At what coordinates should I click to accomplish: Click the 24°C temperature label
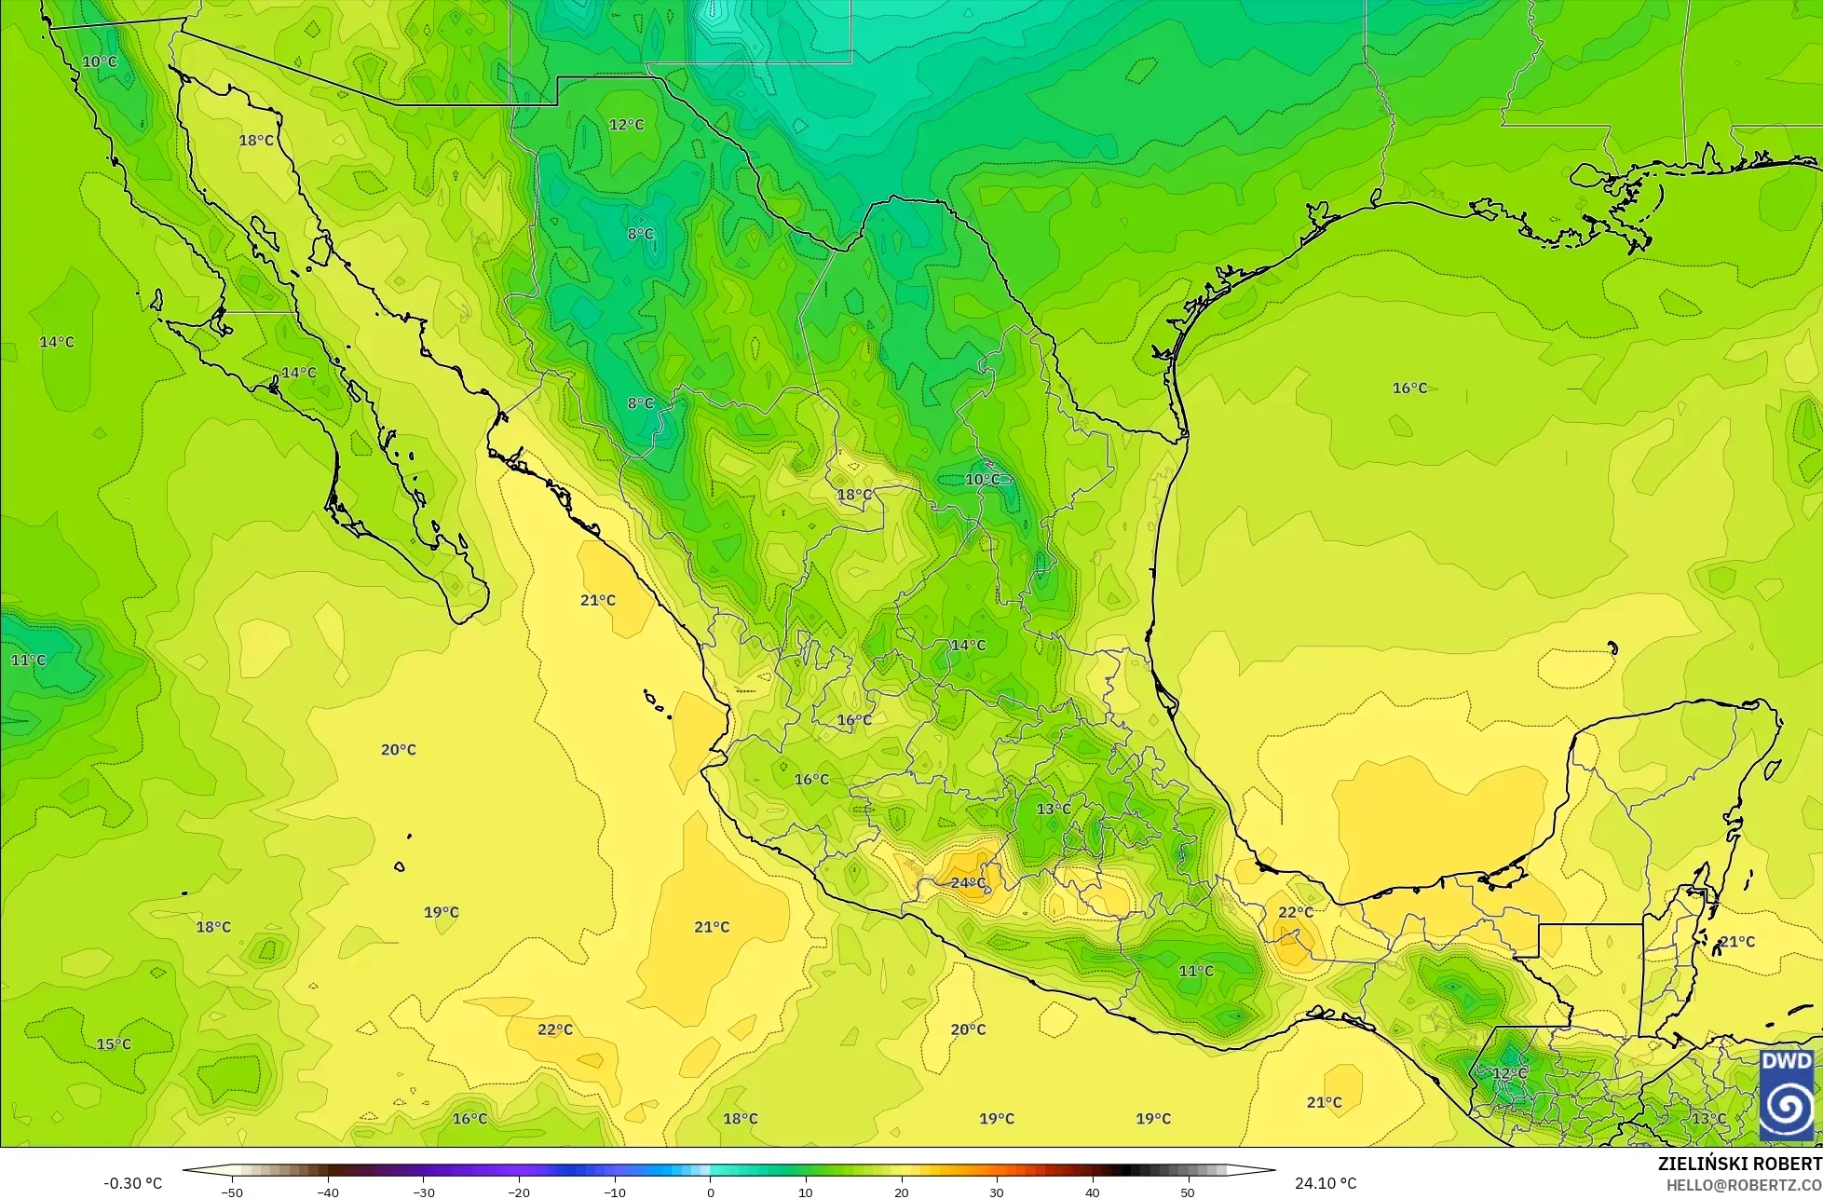tap(968, 882)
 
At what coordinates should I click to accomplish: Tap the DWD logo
tap(1787, 1095)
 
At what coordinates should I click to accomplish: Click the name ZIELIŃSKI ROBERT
tap(1739, 1165)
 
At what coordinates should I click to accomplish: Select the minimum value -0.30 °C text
tap(132, 1183)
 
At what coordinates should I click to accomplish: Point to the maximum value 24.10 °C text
tap(1326, 1183)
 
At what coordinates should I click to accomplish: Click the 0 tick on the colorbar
tap(710, 1192)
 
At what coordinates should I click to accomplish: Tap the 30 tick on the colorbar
tap(996, 1192)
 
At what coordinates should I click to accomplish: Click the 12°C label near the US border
tap(626, 124)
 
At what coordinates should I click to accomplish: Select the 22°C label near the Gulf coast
tap(1295, 912)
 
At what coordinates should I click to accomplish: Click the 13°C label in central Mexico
tap(1054, 809)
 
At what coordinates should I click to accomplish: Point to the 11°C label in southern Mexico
tap(1196, 971)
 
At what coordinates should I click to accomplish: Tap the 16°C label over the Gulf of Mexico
tap(1409, 388)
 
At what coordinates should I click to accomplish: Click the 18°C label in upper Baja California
tap(256, 140)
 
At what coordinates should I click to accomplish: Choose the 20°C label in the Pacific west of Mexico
tap(399, 749)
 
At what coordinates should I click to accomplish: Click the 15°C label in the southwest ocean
tap(114, 1043)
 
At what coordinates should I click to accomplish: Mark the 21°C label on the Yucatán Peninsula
tap(1736, 941)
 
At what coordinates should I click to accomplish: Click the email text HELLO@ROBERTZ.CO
tap(1744, 1184)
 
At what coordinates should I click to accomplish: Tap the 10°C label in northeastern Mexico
tap(982, 479)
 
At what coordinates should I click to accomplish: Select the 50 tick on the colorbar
tap(1187, 1192)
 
